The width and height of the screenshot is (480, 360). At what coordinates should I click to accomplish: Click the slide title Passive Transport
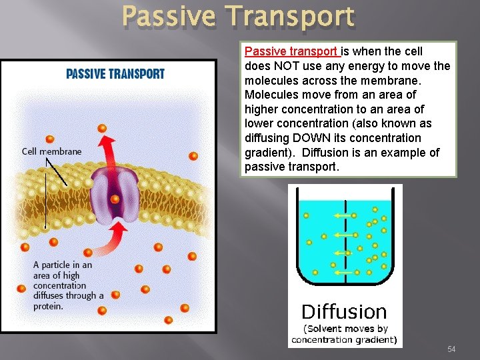(x=239, y=17)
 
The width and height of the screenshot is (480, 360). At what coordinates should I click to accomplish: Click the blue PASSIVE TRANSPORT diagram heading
(x=115, y=73)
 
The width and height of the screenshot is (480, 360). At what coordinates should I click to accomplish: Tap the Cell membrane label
(x=51, y=151)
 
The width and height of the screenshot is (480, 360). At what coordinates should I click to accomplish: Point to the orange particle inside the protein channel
(x=115, y=199)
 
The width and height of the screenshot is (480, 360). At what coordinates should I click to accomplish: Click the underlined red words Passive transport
(x=292, y=51)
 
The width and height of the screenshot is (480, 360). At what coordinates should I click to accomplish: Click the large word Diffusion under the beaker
(x=343, y=311)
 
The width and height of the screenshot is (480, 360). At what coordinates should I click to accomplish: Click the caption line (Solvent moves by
(x=345, y=329)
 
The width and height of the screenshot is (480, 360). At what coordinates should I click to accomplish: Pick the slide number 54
(x=451, y=349)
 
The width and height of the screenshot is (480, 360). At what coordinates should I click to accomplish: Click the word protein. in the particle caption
(x=49, y=306)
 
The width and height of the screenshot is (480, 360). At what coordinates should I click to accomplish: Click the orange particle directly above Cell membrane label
(x=49, y=139)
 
